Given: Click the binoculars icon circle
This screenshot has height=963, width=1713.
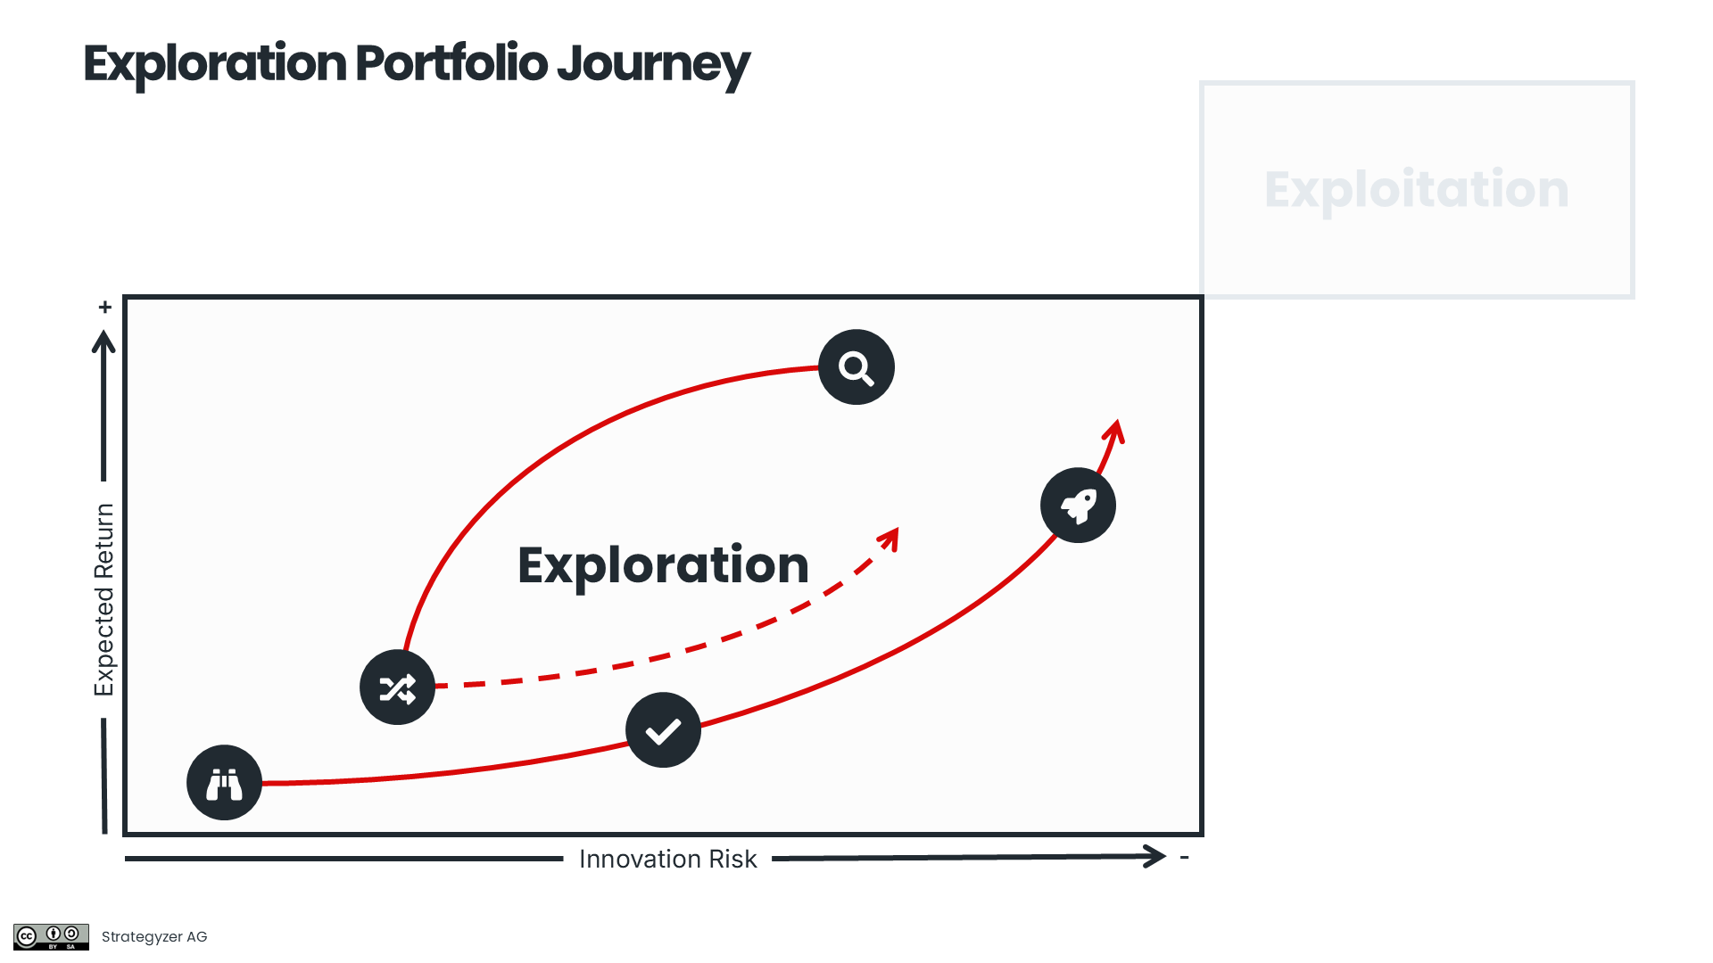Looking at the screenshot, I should point(224,783).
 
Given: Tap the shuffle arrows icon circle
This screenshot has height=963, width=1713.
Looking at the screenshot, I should point(397,687).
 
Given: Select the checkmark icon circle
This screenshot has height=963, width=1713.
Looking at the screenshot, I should point(663,730).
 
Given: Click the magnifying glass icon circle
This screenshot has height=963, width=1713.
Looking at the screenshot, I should point(856,367).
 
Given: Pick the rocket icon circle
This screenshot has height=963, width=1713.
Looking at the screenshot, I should point(1078,506).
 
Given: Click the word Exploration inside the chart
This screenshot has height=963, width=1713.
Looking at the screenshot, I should point(663,565).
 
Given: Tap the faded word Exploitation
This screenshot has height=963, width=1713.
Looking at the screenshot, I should point(1416,190).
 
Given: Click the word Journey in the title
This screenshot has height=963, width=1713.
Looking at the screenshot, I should point(653,64).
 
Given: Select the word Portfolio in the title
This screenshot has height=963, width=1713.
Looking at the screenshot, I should point(451,64).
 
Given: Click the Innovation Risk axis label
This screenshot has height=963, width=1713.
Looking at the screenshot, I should point(667,859).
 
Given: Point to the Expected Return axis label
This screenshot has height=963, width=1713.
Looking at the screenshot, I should point(104,599).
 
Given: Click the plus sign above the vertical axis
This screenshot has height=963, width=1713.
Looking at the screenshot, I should point(105,308).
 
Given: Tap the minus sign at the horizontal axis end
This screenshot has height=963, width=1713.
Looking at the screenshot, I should point(1185,857).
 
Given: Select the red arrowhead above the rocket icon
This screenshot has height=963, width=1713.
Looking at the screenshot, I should point(1115,431).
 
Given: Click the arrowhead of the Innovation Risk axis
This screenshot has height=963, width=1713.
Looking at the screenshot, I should point(1157,857).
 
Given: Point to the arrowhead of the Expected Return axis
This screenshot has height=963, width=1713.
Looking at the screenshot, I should point(103,341).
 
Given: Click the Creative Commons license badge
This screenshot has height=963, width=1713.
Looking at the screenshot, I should point(51,936).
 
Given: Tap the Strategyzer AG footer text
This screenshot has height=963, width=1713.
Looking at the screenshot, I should point(154,936).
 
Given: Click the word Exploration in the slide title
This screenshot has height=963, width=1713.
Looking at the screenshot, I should point(215,64).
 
